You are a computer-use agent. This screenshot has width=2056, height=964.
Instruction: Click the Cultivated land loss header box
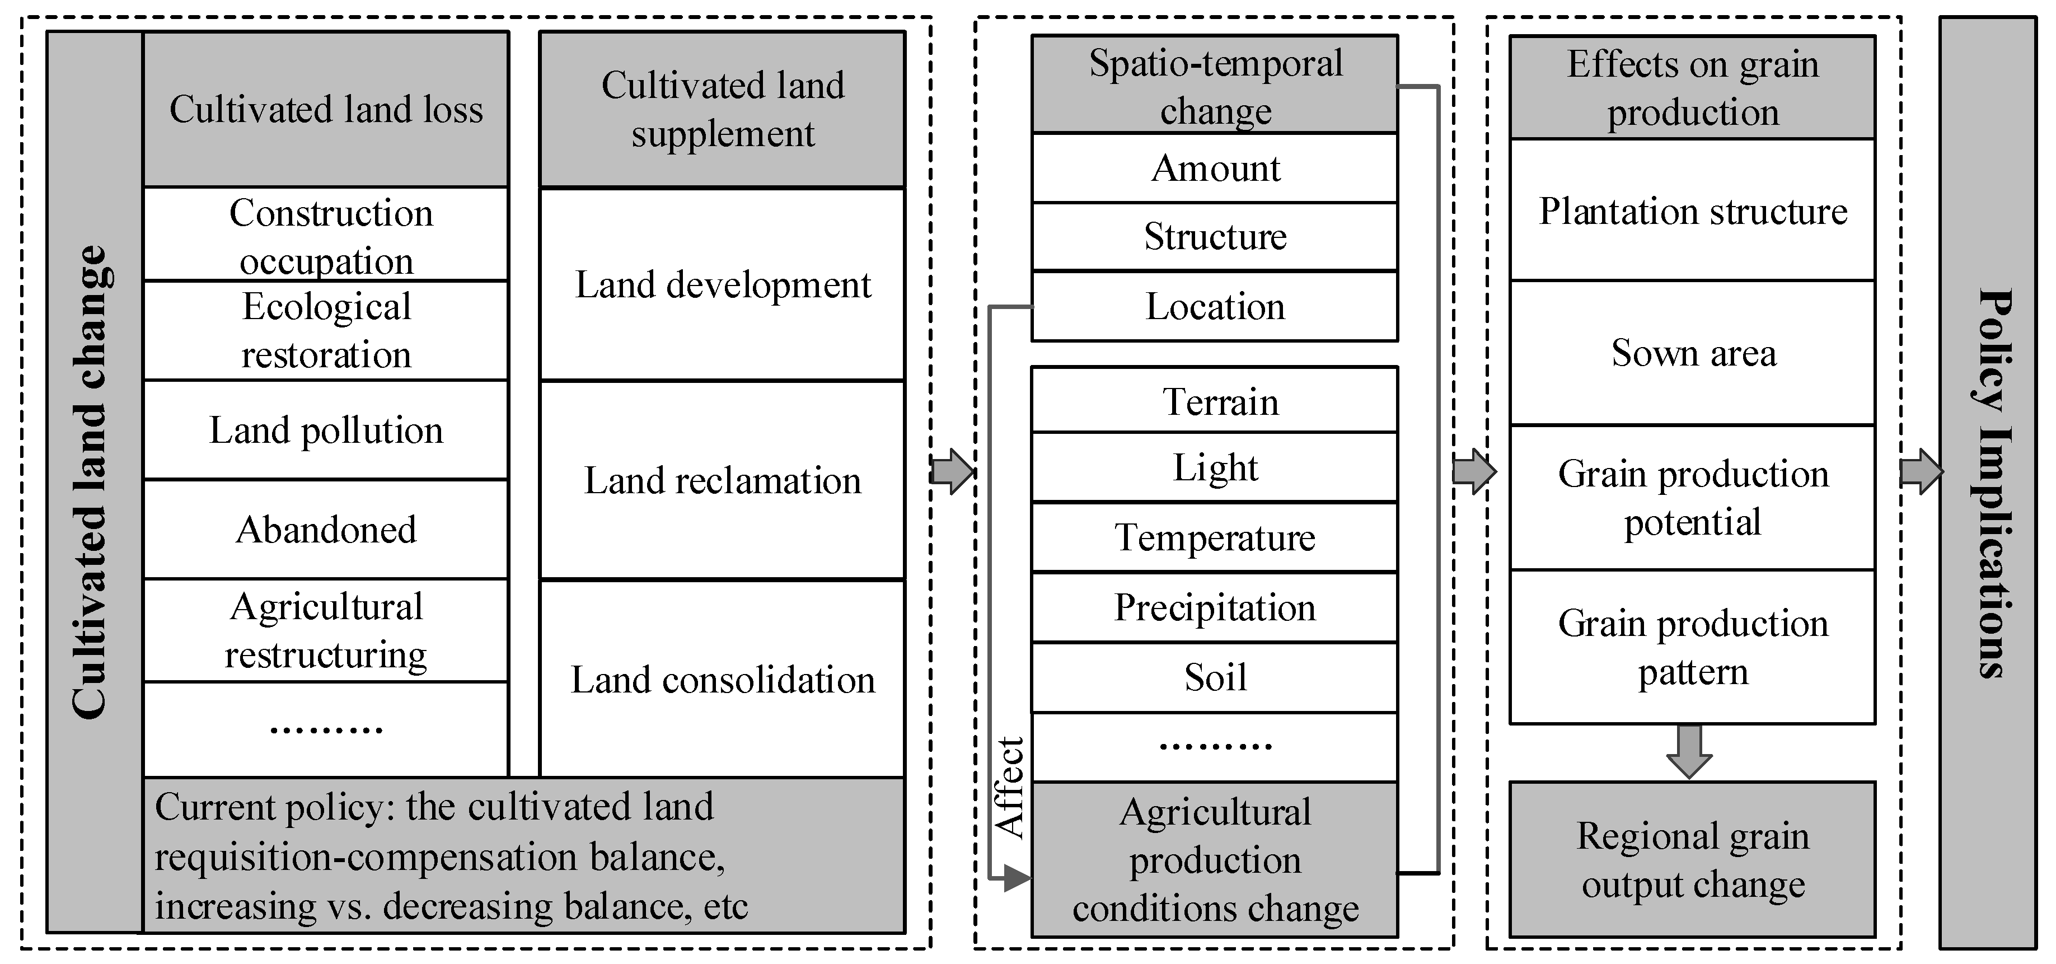pos(326,109)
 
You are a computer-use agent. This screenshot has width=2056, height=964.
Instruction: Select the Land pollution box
pos(326,430)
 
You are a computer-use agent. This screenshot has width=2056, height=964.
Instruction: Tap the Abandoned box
pos(326,529)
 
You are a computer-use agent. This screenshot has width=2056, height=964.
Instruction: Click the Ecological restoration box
pos(326,330)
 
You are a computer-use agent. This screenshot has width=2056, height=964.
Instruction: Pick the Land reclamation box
pos(722,480)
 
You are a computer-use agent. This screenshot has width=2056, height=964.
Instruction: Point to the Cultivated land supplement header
pos(722,109)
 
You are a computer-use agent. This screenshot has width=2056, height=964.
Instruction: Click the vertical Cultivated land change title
pos(92,482)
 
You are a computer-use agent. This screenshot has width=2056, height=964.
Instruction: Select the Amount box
pos(1214,169)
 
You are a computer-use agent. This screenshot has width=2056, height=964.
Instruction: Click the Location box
pos(1214,306)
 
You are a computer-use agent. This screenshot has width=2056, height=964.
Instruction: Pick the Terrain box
pos(1214,401)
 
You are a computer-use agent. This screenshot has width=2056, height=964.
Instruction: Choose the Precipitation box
pos(1214,608)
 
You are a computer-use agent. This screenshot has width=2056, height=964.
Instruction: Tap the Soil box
pos(1214,677)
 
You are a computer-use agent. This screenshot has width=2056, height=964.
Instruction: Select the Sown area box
pos(1692,353)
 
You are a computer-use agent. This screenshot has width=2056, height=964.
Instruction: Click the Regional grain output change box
pos(1692,859)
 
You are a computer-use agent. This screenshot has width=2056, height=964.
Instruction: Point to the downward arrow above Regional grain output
pos(1690,751)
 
